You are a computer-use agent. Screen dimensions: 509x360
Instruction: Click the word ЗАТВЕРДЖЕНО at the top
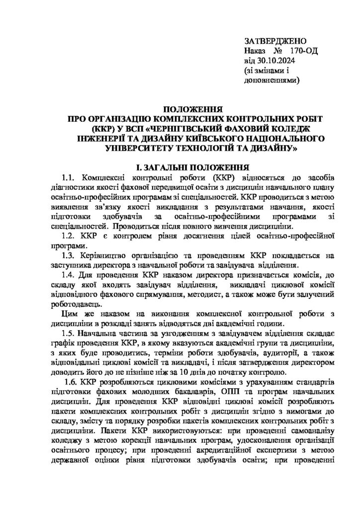(x=275, y=41)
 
